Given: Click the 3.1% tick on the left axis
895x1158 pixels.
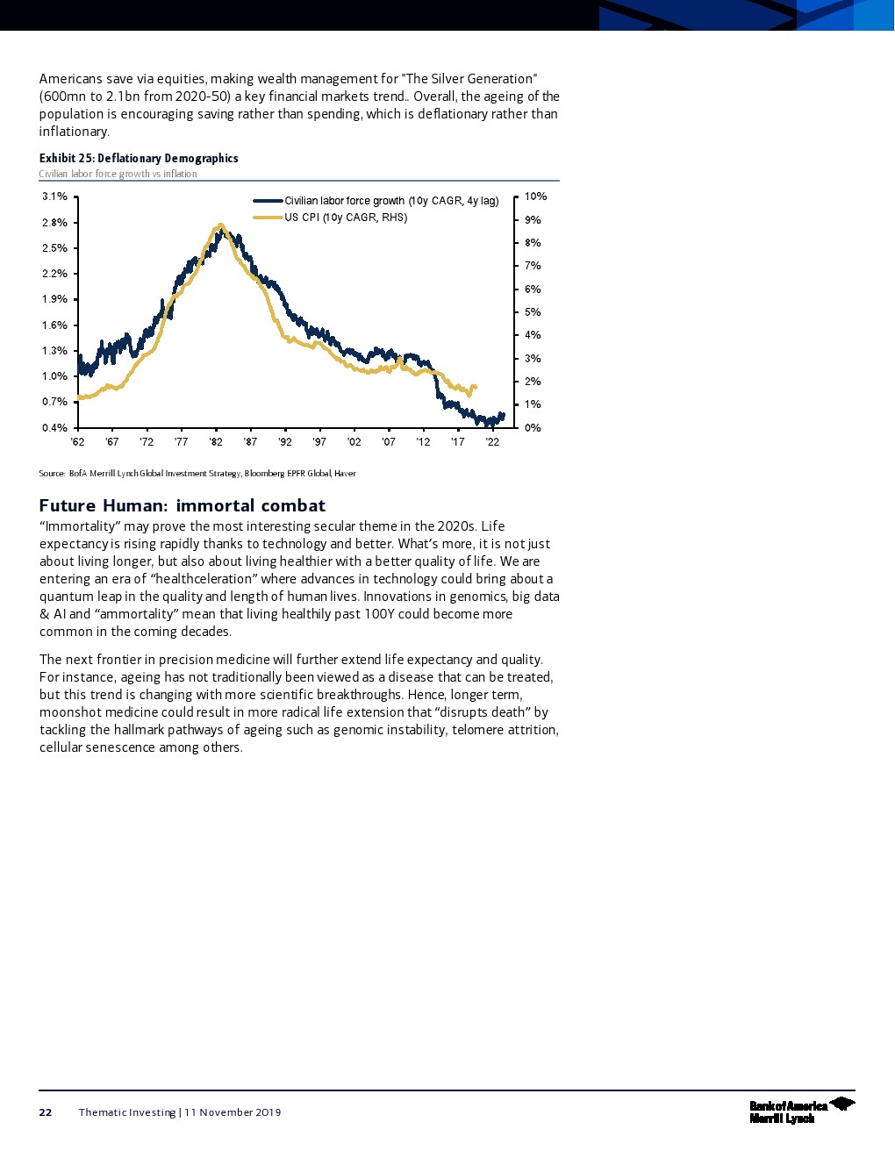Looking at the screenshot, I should pyautogui.click(x=54, y=197).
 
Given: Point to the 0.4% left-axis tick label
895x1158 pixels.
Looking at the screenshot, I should pyautogui.click(x=54, y=428).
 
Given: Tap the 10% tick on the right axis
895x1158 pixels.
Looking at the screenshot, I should pyautogui.click(x=535, y=197).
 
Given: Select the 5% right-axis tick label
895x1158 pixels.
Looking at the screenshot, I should pyautogui.click(x=533, y=312).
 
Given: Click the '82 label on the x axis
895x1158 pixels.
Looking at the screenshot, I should pyautogui.click(x=216, y=442).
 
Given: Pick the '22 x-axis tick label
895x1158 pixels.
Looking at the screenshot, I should pyautogui.click(x=492, y=442).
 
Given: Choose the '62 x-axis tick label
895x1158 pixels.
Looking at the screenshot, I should pyautogui.click(x=77, y=442).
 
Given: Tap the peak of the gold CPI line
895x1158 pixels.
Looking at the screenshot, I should pyautogui.click(x=220, y=225).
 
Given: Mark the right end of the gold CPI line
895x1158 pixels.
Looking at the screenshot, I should pyautogui.click(x=475, y=387).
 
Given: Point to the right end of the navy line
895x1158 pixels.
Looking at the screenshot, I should pyautogui.click(x=503, y=414).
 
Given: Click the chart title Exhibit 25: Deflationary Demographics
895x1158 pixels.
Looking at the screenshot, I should pyautogui.click(x=139, y=158).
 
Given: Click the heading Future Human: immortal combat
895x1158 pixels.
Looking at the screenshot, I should pyautogui.click(x=183, y=505).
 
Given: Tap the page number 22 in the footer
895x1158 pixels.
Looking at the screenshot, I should pyautogui.click(x=46, y=1112).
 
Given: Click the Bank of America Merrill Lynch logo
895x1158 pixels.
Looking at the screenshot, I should pyautogui.click(x=801, y=1111).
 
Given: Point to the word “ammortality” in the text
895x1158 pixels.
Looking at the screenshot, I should pyautogui.click(x=140, y=614).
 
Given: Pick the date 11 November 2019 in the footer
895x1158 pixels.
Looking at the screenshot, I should pyautogui.click(x=233, y=1112).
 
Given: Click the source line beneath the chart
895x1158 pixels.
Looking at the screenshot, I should pyautogui.click(x=197, y=474).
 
